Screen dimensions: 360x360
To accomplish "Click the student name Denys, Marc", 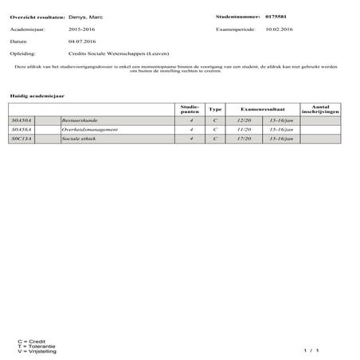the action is coord(85,16).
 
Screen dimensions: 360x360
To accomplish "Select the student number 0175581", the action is coord(276,16).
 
